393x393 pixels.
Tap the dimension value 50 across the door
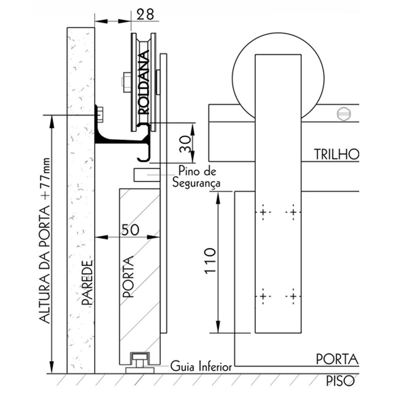pos(129,230)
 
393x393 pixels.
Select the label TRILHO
pos(336,154)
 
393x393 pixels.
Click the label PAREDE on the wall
pos(88,283)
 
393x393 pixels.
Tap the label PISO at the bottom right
pos(341,380)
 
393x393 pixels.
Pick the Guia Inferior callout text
pos(201,367)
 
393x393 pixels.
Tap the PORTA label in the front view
pos(337,359)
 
